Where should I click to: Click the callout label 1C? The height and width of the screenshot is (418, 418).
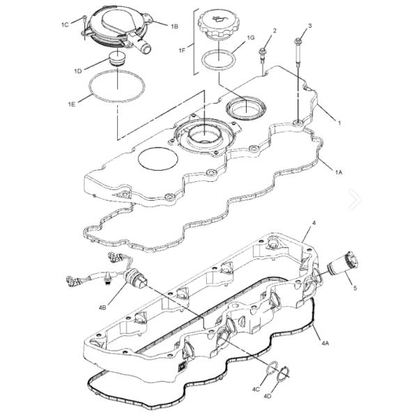point(65,25)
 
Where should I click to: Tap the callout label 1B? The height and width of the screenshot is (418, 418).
point(174,26)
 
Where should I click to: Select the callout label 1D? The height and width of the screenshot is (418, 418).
point(78,71)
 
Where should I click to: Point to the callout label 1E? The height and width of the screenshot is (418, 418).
point(72,104)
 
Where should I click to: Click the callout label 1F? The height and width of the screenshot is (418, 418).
point(182,50)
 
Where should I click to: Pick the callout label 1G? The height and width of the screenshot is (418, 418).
point(251,38)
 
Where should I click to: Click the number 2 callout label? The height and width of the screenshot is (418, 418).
point(274,31)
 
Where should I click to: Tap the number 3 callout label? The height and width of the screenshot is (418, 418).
point(310,26)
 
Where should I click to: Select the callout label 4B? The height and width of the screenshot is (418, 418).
point(102,308)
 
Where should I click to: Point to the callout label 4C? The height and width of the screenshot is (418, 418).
point(256,389)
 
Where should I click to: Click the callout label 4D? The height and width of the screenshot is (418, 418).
point(268,396)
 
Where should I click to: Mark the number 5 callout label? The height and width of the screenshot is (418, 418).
point(355,288)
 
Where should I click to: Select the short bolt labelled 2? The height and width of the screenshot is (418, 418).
point(263,55)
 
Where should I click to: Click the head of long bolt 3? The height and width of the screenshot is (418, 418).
point(297,41)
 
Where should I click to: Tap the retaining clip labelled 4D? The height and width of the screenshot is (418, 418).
point(283,374)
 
